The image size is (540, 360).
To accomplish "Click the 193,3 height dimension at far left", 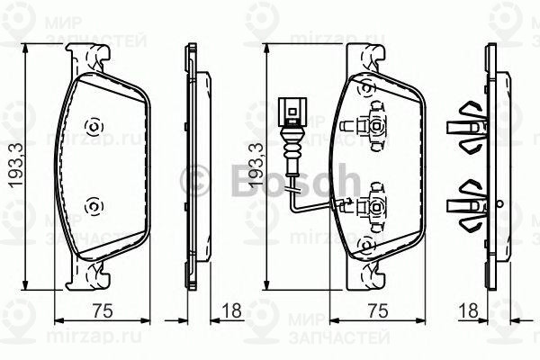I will pos(13,175).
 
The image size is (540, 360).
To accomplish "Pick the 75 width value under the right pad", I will pos(378,311).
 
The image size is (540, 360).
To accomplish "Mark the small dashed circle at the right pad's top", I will pos(365,87).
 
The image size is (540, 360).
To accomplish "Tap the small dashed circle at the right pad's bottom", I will pos(365,245).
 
